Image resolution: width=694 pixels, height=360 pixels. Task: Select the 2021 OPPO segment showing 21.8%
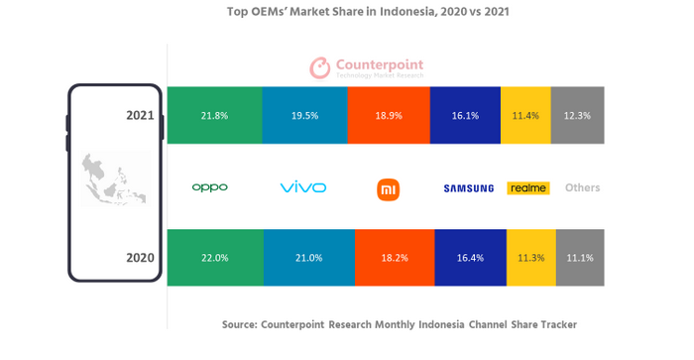point(214,115)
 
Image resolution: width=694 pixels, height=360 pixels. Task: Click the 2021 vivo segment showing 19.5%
point(304,115)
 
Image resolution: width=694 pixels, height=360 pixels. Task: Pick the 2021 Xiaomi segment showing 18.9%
point(389,115)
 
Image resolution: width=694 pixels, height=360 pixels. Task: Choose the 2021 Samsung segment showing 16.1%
point(465,115)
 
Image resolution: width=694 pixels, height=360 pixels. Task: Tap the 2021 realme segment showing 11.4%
point(525,115)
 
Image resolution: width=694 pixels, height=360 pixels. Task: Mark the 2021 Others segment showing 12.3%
point(577,115)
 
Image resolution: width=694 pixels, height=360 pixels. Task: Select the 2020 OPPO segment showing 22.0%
point(214,258)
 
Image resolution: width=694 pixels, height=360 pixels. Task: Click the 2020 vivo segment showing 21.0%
point(307,258)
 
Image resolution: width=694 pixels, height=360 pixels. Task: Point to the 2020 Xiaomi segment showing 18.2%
point(394,258)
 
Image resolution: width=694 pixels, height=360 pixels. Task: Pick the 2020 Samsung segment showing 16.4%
point(470,258)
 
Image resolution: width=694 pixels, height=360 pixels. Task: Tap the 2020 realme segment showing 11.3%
point(531,258)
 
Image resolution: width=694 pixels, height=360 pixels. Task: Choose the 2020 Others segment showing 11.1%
point(580,258)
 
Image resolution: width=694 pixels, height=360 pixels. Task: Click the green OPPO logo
point(210,187)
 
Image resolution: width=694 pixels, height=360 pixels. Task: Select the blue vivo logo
point(303,187)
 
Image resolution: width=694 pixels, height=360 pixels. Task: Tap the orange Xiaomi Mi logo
point(389,188)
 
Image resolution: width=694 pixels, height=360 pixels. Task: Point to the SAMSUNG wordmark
point(468,188)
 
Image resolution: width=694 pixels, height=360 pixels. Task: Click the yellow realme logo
point(528,187)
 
